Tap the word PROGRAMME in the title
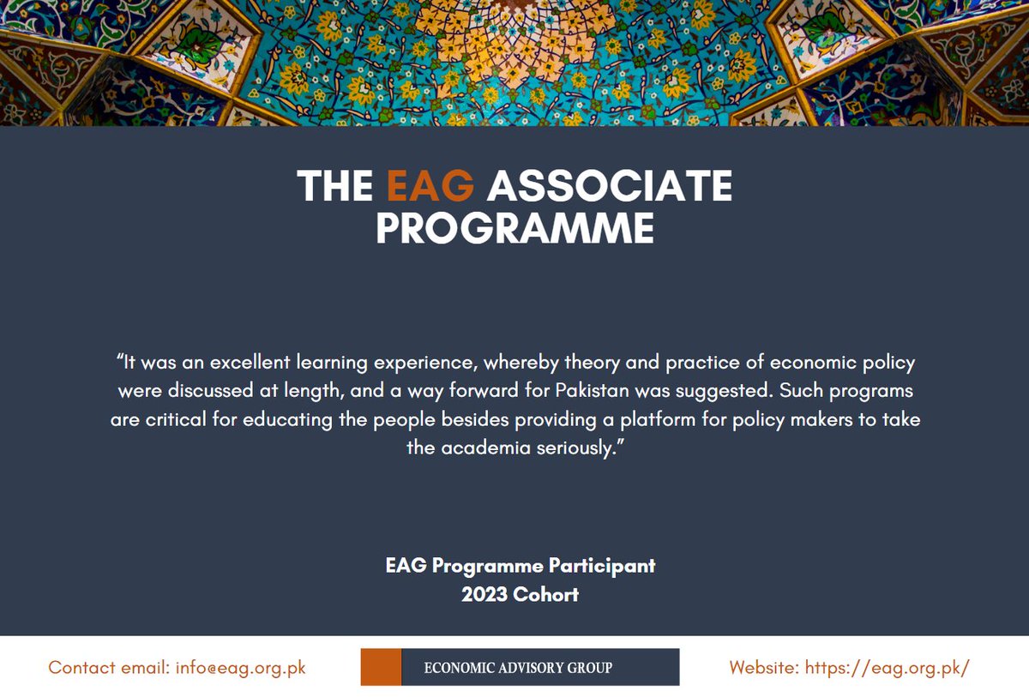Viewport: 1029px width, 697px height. [x=514, y=228]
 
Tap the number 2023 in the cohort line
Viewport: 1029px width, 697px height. [x=484, y=594]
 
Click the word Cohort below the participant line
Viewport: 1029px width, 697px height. [x=546, y=594]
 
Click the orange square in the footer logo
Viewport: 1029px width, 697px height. [x=381, y=667]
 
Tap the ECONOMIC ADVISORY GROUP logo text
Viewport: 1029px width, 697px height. [x=519, y=667]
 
